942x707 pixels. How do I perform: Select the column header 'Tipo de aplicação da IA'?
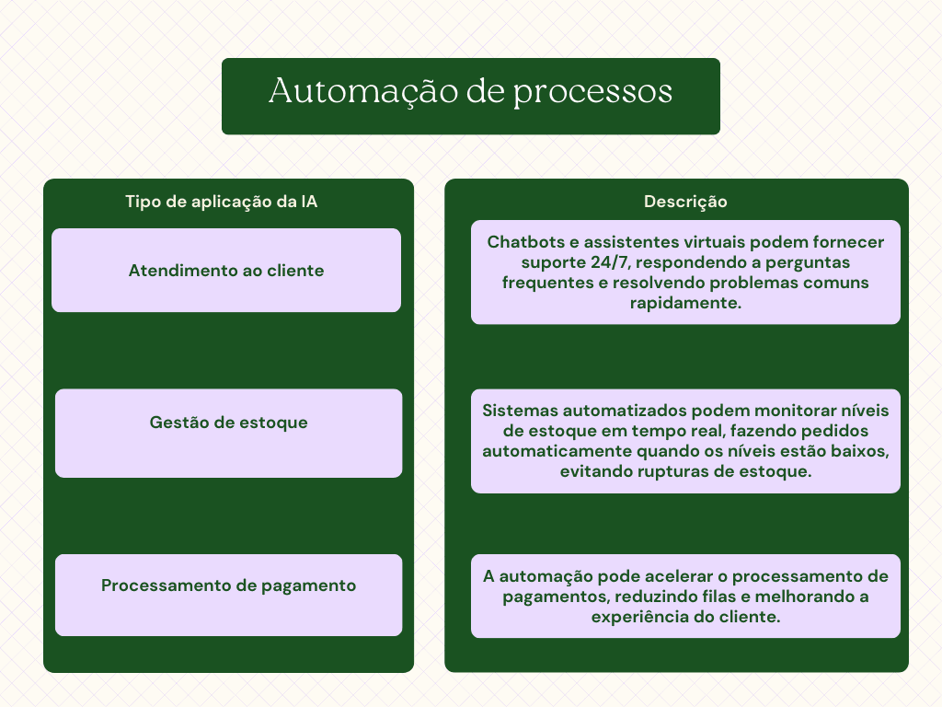coord(222,202)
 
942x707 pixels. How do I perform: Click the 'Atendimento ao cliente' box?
coord(226,271)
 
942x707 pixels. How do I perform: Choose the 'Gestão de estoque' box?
coord(228,423)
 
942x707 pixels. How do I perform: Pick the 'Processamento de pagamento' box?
coord(228,586)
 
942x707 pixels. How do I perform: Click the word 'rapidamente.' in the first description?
coord(685,303)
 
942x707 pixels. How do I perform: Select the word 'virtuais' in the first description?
coord(720,242)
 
